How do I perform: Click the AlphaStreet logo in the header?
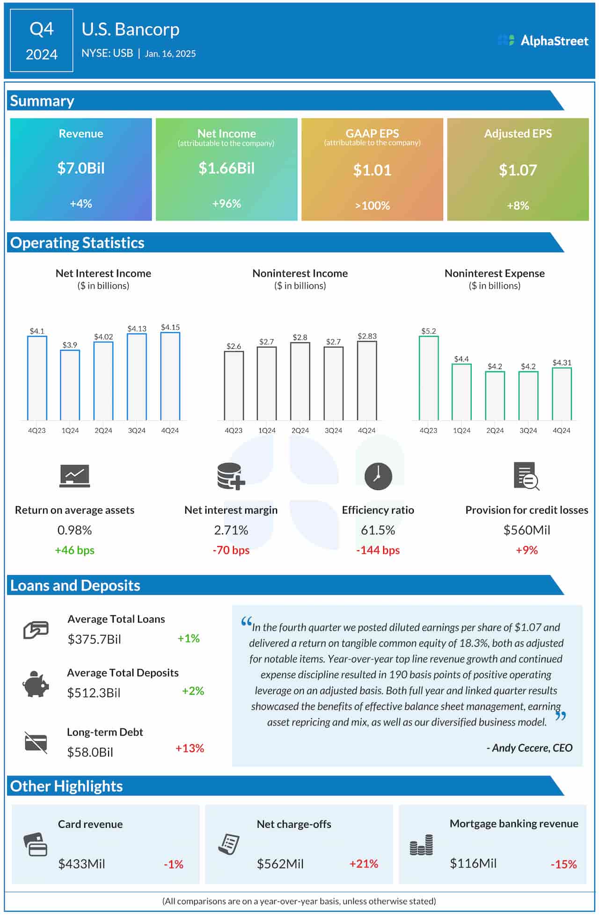coord(543,41)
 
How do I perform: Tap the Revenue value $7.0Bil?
coord(81,168)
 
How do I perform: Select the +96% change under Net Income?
coord(226,204)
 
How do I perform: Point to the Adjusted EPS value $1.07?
coord(518,170)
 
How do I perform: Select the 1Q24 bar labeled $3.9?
coord(70,385)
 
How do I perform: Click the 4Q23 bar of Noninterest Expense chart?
coord(429,378)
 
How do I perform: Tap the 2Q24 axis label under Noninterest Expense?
coord(495,430)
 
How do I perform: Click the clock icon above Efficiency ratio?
coord(378,477)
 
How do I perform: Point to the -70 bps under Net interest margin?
coord(231,550)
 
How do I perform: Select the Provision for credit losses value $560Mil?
coord(526,530)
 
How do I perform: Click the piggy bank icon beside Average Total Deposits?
coord(36,684)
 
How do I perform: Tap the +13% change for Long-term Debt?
coord(190,748)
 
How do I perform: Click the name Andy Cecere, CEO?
coord(530,748)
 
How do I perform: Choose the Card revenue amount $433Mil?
coord(81,864)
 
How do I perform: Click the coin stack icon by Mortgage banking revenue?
coord(421,845)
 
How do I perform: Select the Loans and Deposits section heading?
coord(75,585)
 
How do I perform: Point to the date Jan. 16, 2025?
coord(170,54)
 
